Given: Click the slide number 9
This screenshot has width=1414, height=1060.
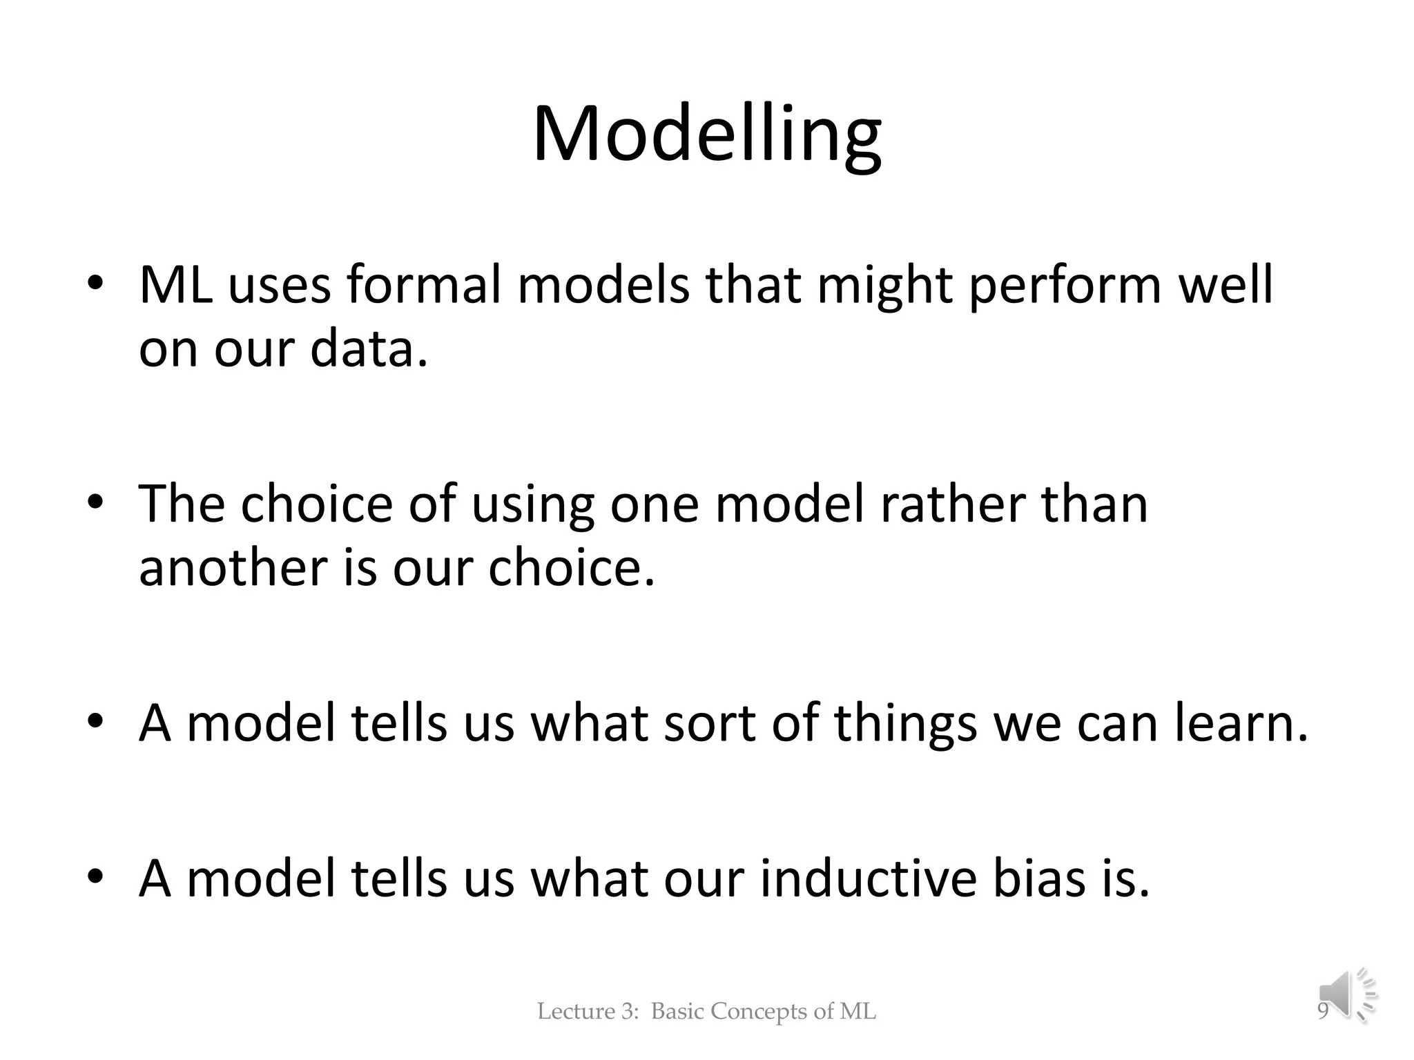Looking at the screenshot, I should pyautogui.click(x=1323, y=1012).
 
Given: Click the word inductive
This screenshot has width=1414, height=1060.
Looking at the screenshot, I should pyautogui.click(x=869, y=879).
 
